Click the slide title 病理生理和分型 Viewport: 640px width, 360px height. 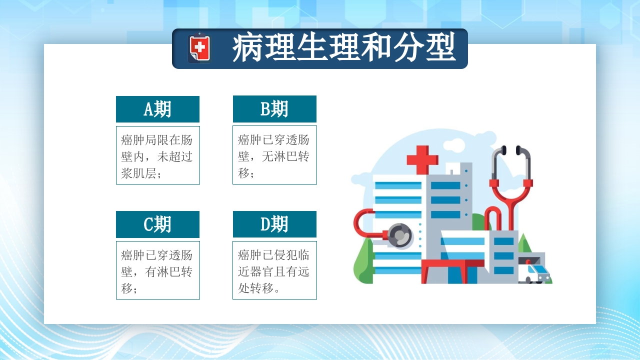pyautogui.click(x=344, y=48)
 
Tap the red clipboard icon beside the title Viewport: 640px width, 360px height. pyautogui.click(x=199, y=48)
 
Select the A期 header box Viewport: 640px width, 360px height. pyautogui.click(x=157, y=109)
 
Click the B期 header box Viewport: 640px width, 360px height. pyautogui.click(x=274, y=109)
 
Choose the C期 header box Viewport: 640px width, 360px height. pyautogui.click(x=157, y=224)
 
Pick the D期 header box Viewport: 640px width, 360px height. pyautogui.click(x=274, y=224)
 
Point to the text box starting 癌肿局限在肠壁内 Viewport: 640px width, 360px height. pyautogui.click(x=157, y=155)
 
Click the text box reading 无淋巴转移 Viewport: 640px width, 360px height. pyautogui.click(x=274, y=155)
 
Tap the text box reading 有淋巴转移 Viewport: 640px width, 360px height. pyautogui.click(x=157, y=270)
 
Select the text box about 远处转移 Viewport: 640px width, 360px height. pyautogui.click(x=274, y=270)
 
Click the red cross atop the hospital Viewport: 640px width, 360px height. pyautogui.click(x=422, y=159)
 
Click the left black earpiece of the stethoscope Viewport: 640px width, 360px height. pyautogui.click(x=503, y=150)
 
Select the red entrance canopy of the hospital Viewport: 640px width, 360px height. pyautogui.click(x=452, y=264)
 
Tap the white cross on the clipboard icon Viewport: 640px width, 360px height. pyautogui.click(x=199, y=48)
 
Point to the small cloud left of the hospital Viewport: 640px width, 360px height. pyautogui.click(x=361, y=177)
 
